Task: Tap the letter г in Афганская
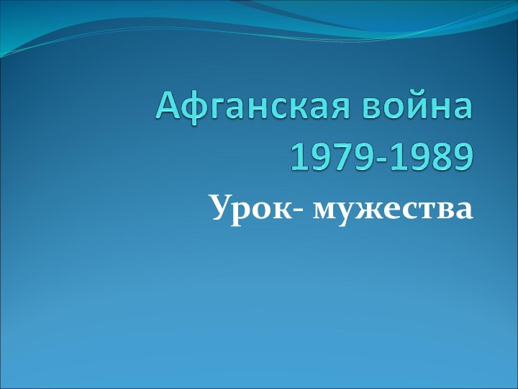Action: (x=215, y=110)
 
